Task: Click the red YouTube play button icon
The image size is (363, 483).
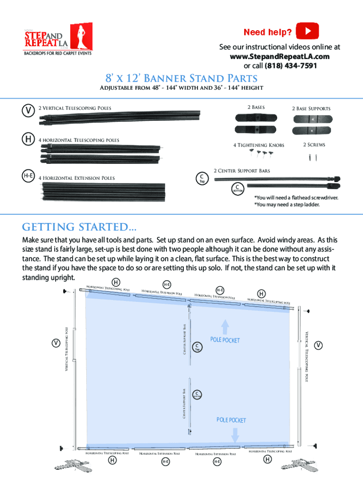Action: pos(307,32)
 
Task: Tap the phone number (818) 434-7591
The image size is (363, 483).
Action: pos(291,66)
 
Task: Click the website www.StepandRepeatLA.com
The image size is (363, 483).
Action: pos(280,57)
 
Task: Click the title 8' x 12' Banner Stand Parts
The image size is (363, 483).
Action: pos(181,78)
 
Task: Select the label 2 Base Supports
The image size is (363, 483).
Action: pos(311,108)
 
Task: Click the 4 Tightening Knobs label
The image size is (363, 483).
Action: pos(258,145)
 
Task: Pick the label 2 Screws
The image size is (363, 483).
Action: pos(313,145)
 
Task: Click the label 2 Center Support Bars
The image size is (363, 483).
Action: pos(242,170)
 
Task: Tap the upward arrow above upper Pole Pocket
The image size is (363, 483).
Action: pos(225,327)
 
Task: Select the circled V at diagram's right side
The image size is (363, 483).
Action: pos(319,345)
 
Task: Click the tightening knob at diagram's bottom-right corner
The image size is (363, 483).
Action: pos(313,445)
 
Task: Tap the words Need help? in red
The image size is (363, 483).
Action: pos(267,33)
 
